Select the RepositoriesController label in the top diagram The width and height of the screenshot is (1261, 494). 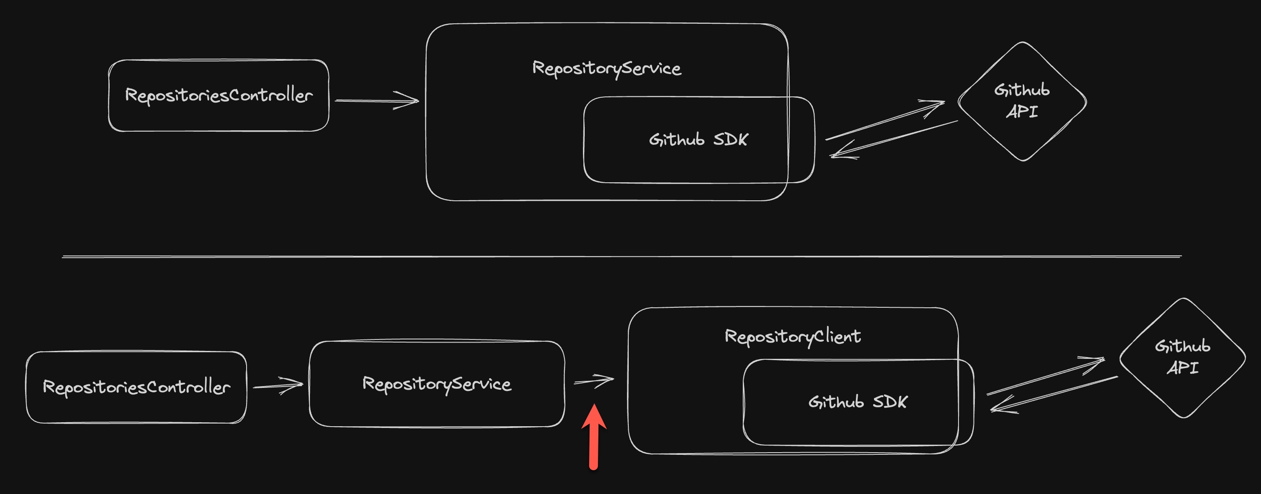pyautogui.click(x=219, y=95)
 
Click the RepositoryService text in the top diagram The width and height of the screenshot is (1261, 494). pyautogui.click(x=607, y=68)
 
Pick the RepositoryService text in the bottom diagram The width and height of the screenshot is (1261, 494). pyautogui.click(x=437, y=384)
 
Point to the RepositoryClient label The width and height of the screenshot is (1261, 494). pyautogui.click(x=793, y=336)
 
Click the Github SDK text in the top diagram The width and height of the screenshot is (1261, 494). pyautogui.click(x=699, y=140)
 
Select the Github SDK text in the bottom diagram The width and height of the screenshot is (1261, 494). pyautogui.click(x=858, y=402)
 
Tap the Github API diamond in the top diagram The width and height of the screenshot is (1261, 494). pyautogui.click(x=1022, y=101)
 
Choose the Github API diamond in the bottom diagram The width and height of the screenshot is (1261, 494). pyautogui.click(x=1183, y=358)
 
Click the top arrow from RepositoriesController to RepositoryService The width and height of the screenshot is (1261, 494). pyautogui.click(x=377, y=101)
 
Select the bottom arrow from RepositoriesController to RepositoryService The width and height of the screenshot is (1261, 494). pyautogui.click(x=278, y=385)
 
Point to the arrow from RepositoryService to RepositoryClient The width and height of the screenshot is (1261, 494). pyautogui.click(x=594, y=380)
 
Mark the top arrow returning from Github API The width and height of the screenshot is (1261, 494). pyautogui.click(x=894, y=140)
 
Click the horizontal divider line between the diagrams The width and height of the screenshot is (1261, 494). pyautogui.click(x=622, y=256)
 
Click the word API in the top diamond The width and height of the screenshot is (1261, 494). pyautogui.click(x=1022, y=112)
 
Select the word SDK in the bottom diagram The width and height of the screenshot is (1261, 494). pyautogui.click(x=890, y=402)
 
